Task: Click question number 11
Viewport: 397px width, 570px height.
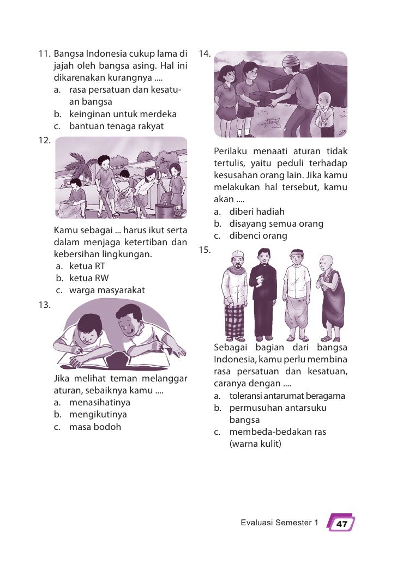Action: coord(44,55)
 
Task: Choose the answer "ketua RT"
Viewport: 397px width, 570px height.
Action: coord(87,266)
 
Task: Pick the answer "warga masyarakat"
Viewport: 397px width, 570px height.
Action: coord(106,290)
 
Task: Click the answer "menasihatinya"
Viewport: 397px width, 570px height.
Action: coord(100,403)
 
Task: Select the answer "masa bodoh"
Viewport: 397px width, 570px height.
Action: coord(95,427)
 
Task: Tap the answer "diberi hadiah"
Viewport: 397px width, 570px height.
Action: coord(257,212)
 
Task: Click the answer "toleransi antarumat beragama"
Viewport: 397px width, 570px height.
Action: coord(287,396)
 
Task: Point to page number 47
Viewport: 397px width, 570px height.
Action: coord(341,524)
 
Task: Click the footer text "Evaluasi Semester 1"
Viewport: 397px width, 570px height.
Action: coord(279,523)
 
